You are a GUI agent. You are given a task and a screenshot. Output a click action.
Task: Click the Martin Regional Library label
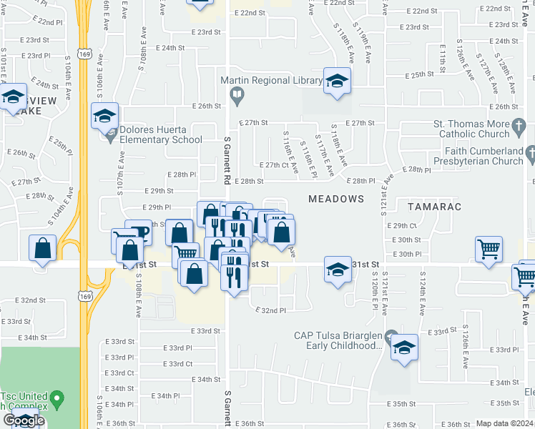[x=271, y=81]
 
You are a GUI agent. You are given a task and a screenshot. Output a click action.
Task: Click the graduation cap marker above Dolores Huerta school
[x=105, y=117]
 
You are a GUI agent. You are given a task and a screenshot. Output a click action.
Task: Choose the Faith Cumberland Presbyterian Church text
[x=484, y=156]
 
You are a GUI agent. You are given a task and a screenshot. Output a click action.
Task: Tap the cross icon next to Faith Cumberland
[x=530, y=153]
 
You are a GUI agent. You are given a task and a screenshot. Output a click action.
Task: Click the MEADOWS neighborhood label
[x=336, y=198]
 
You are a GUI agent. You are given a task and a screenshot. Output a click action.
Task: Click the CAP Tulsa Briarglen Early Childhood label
[x=338, y=340]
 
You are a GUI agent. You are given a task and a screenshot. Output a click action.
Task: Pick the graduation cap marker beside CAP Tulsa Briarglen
[x=404, y=348]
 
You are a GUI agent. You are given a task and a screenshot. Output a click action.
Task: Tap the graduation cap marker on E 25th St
[x=336, y=82]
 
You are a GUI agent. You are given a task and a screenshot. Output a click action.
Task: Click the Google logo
[x=24, y=420]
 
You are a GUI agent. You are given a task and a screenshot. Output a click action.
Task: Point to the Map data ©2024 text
[x=504, y=423]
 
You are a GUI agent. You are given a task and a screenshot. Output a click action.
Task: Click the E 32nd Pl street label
[x=271, y=310]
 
